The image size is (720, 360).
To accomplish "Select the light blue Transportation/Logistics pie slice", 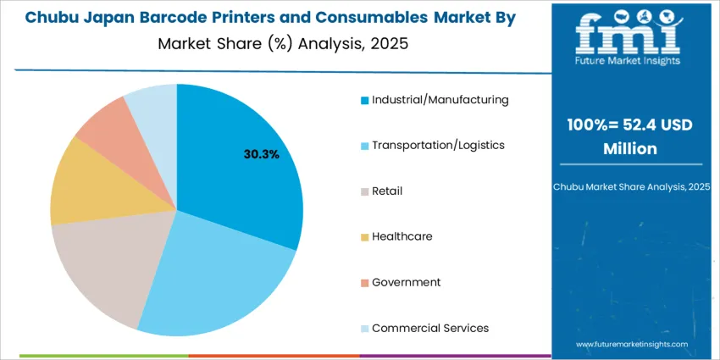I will point(212,271).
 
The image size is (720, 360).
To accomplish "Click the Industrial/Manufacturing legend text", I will point(440,100).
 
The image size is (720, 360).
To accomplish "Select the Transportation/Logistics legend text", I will point(438,146).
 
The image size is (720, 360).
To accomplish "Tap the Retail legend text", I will point(387,191).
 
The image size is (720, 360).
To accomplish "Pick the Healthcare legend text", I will point(402,236).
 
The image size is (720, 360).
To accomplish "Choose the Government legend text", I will point(406,282).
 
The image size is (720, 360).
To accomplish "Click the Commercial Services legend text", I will point(429,328).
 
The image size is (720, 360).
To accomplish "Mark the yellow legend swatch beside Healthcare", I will point(364,237).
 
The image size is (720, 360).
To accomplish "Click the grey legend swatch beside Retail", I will point(364,191).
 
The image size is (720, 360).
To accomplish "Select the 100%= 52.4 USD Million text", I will point(630,136).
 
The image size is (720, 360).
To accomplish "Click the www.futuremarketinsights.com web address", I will point(630,345).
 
